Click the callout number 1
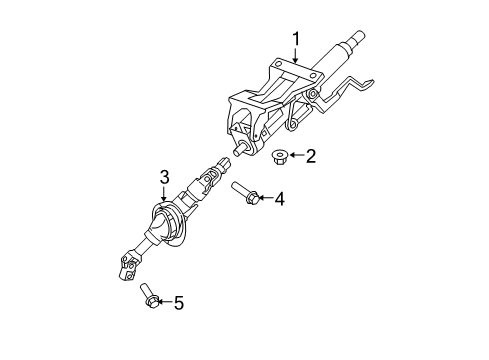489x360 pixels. tap(296, 39)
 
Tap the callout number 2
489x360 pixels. tap(310, 157)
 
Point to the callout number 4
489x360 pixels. tap(280, 200)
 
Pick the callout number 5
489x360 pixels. tap(180, 301)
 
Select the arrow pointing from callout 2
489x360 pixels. tap(296, 157)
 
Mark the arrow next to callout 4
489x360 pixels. tap(265, 200)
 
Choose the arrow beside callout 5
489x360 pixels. tap(165, 301)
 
